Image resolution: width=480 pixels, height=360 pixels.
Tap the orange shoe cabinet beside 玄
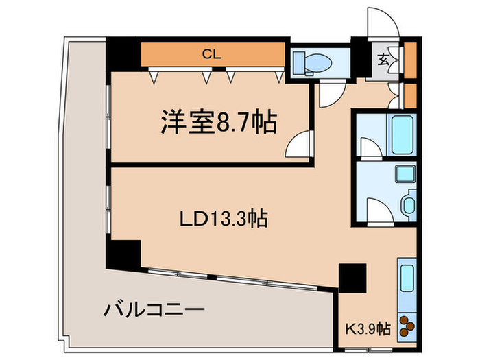click(x=410, y=60)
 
